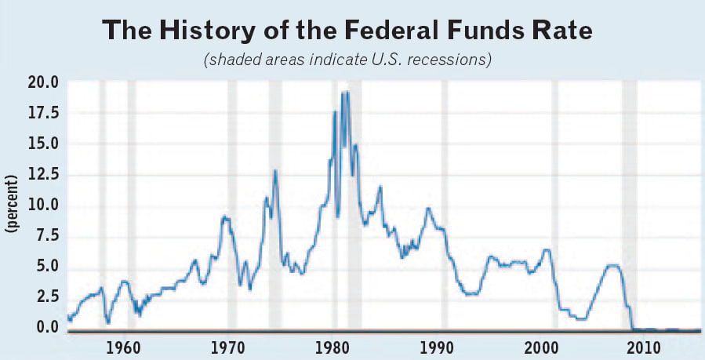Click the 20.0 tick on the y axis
pos(43,83)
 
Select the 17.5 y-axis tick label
pos(43,114)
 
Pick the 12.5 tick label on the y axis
pos(43,175)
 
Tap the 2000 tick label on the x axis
pos(540,347)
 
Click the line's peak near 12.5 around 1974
pos(275,170)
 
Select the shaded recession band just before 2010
pos(629,204)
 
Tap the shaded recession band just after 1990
pos(445,204)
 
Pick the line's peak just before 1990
pos(427,208)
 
